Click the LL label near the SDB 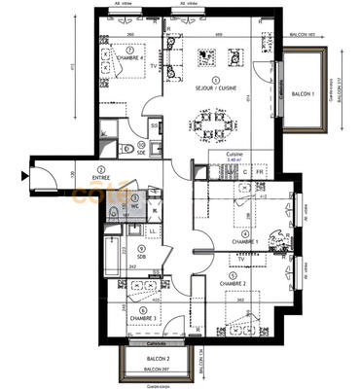(154, 230)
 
